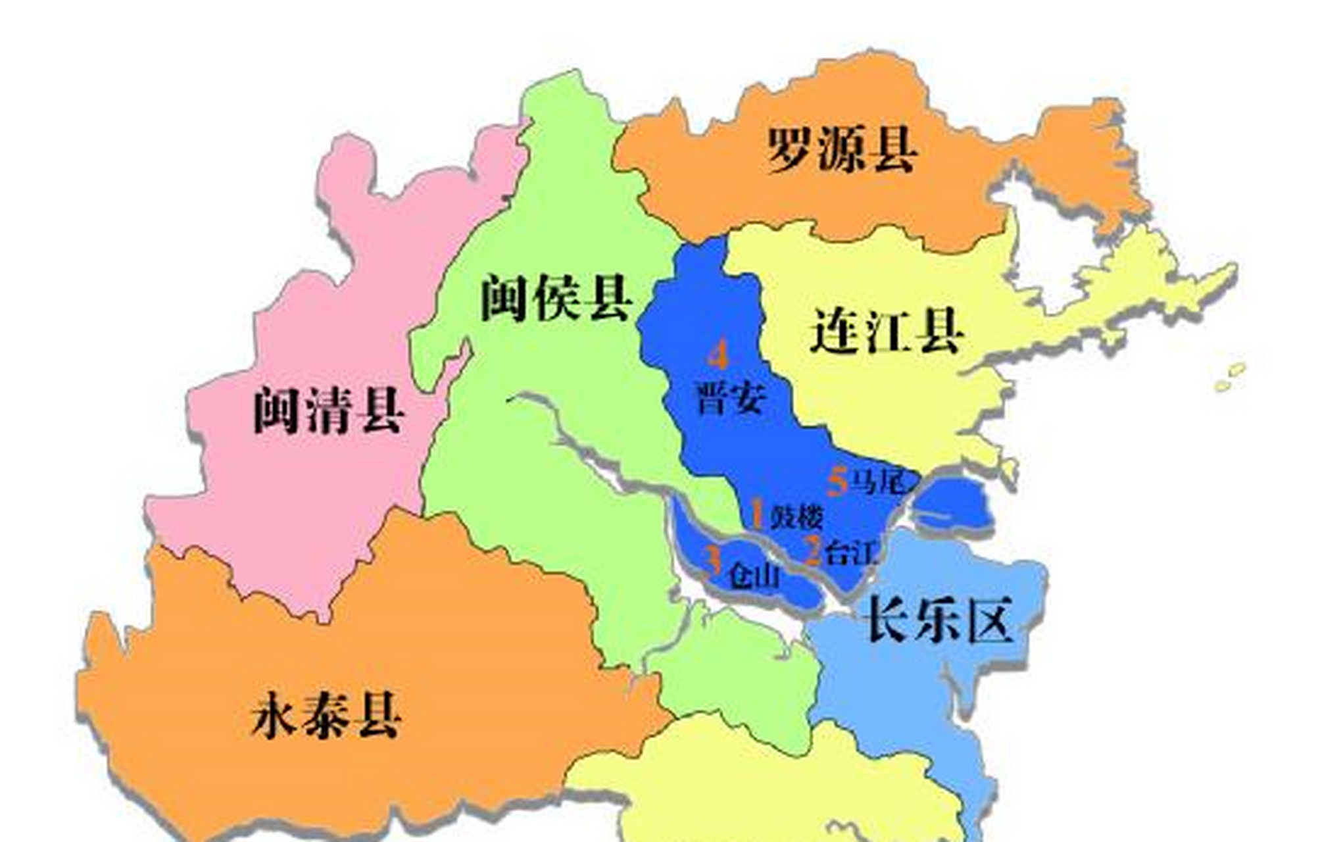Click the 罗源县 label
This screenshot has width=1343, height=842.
point(842,149)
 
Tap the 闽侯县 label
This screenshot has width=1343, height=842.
point(556,299)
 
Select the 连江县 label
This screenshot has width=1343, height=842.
point(887,331)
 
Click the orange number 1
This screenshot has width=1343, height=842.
point(757,515)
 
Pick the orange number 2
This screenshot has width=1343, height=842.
point(813,551)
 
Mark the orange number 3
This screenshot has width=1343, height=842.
point(714,560)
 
